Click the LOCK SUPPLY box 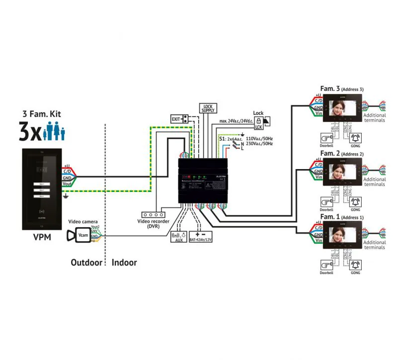click(208, 108)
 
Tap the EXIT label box click(176, 119)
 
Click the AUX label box click(176, 237)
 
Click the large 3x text click(31, 132)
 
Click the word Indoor click(124, 262)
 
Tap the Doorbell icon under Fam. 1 click(326, 265)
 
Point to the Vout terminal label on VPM click(68, 183)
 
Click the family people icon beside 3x click(55, 132)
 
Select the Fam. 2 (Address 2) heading click(342, 154)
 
